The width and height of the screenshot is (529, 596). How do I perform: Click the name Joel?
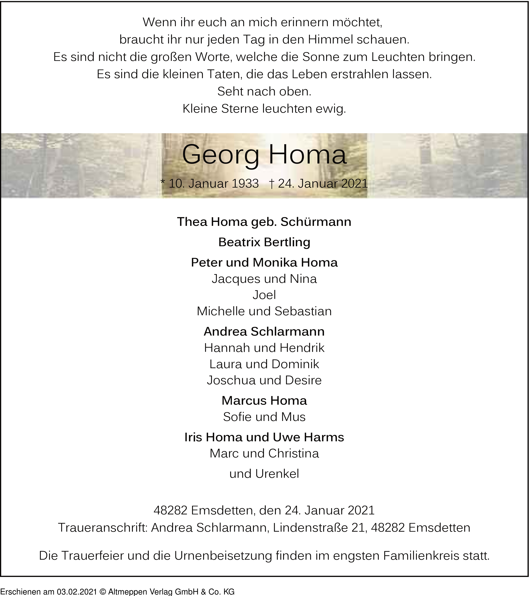click(x=264, y=295)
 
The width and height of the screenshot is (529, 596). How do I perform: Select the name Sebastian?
click(x=303, y=311)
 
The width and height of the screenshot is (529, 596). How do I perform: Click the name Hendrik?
click(x=302, y=348)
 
